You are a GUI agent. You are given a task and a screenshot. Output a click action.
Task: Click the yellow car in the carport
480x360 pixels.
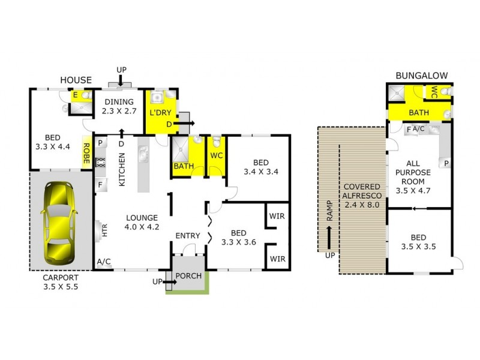tap(61, 221)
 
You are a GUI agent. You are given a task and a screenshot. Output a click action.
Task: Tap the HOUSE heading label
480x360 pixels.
tap(76, 80)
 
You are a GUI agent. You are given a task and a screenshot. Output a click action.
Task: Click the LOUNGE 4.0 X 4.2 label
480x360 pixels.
tap(142, 222)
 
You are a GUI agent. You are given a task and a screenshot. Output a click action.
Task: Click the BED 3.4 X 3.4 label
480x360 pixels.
tap(260, 167)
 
